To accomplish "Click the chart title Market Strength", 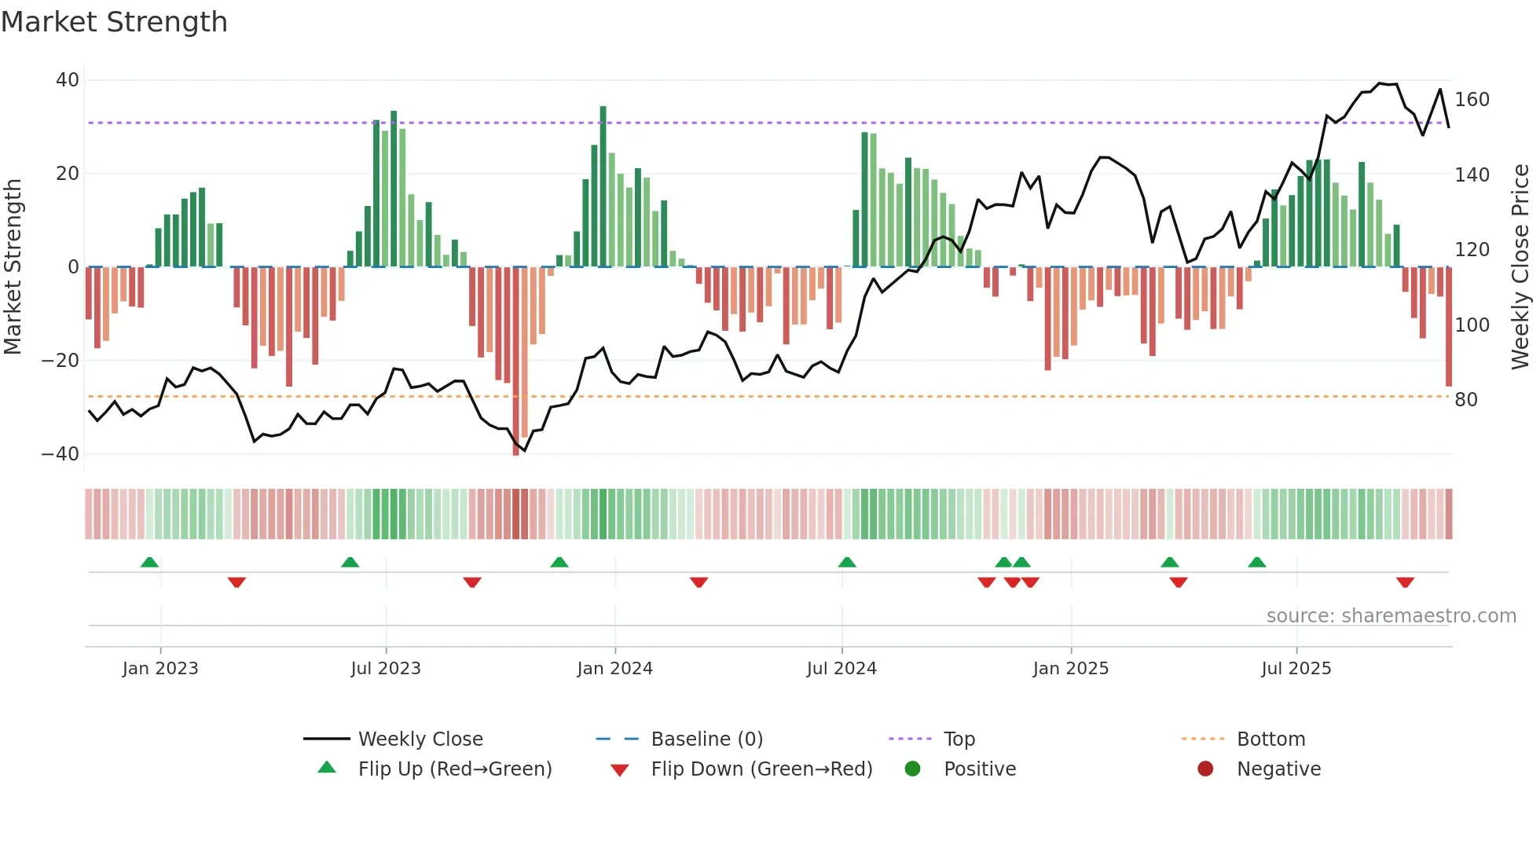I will coord(114,22).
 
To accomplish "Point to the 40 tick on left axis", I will coord(67,80).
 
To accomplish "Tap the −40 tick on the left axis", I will coord(60,454).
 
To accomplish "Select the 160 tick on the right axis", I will coord(1472,100).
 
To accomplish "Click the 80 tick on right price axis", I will coord(1465,400).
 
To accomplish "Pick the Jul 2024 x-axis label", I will coord(841,669).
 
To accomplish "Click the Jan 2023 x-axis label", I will coord(160,669).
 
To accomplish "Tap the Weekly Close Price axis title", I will coord(1520,267).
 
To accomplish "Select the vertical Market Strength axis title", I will coord(13,267).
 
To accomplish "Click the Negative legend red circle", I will coord(1205,769).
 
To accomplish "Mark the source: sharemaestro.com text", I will coord(1391,616).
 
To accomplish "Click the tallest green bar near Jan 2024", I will coord(603,187).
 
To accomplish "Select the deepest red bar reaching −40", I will coord(516,361).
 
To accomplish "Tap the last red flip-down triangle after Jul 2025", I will coord(1405,582).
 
